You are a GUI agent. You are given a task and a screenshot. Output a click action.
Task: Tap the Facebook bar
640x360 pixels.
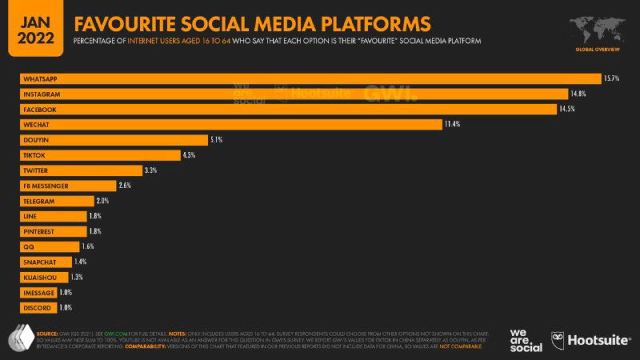click(x=288, y=109)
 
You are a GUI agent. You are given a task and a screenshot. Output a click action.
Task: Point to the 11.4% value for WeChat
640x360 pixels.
click(x=454, y=124)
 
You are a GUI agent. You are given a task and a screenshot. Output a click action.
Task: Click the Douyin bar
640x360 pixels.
click(x=114, y=139)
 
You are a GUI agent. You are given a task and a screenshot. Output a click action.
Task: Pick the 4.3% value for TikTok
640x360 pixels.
click(x=189, y=154)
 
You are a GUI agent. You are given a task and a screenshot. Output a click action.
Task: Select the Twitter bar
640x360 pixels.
click(x=80, y=170)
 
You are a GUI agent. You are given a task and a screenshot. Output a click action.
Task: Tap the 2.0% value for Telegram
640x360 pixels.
click(x=102, y=201)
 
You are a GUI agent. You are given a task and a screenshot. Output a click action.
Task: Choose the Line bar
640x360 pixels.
click(x=53, y=216)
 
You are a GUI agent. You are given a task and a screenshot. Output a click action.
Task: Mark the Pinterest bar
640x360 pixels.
click(x=53, y=231)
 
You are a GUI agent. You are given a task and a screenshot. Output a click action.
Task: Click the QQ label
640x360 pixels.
click(x=29, y=246)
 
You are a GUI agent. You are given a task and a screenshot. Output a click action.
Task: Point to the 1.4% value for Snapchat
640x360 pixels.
click(x=80, y=262)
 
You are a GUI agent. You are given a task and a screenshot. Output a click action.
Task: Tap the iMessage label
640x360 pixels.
click(x=38, y=293)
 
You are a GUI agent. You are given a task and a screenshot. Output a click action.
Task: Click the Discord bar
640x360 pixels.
click(x=38, y=308)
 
